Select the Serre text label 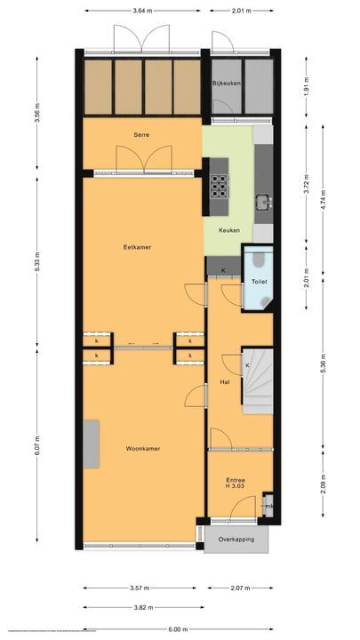[x=141, y=134]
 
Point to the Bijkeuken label [x=227, y=83]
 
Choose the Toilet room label [x=259, y=281]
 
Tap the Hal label [x=225, y=382]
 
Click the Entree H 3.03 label [x=236, y=484]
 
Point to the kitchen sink [x=263, y=200]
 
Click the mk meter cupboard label [x=269, y=508]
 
